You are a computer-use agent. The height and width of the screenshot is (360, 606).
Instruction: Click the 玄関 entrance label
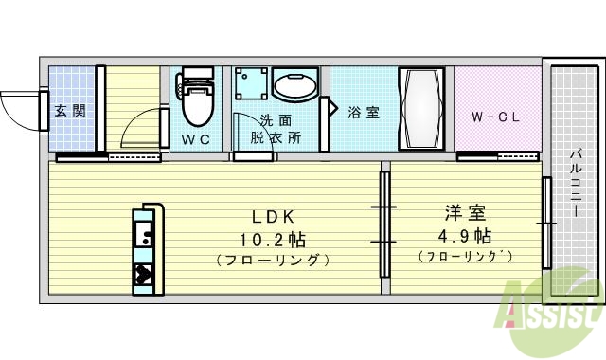[69, 111]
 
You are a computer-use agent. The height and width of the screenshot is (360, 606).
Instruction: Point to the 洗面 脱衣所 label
[276, 129]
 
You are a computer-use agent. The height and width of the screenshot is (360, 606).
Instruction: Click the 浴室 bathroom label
[364, 113]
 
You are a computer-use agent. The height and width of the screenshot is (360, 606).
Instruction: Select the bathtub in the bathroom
[420, 108]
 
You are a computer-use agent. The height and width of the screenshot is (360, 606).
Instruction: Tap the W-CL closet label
[497, 117]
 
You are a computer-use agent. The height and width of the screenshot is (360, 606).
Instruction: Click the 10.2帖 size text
[272, 238]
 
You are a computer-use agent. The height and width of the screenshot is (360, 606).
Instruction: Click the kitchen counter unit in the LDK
[147, 247]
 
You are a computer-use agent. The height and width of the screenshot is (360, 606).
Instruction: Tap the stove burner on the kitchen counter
[145, 276]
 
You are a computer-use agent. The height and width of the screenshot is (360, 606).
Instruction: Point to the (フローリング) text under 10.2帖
[272, 260]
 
